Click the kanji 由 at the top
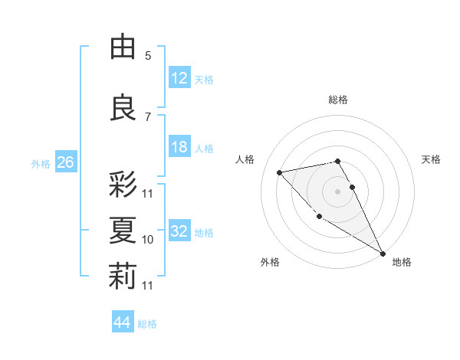123,47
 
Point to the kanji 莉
123,277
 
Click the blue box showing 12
179,77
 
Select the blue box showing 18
179,147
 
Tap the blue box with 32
179,231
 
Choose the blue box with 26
65,162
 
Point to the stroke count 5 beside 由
148,56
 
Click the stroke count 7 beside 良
148,116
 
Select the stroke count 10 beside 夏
148,240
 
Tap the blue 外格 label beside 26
41,163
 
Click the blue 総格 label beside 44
148,324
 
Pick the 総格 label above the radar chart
338,100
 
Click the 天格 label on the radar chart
432,159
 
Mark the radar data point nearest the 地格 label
383,253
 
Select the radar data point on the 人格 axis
280,172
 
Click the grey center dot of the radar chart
338,191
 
